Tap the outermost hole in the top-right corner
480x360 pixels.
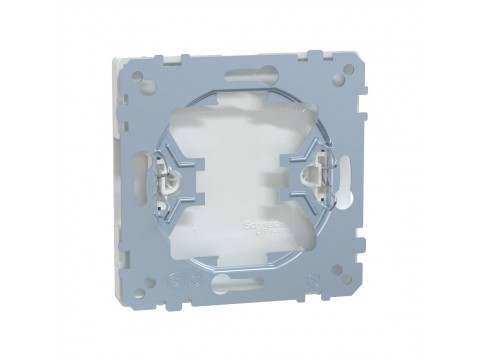[x=347, y=71]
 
